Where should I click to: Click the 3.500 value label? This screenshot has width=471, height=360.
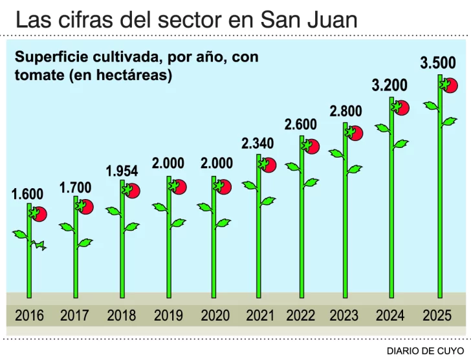pyautogui.click(x=438, y=63)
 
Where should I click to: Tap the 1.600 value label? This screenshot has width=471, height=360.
pyautogui.click(x=27, y=194)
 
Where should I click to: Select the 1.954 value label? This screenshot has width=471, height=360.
pyautogui.click(x=122, y=171)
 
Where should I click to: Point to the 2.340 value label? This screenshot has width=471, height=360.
pyautogui.click(x=257, y=143)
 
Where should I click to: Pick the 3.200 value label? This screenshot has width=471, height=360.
pyautogui.click(x=389, y=85)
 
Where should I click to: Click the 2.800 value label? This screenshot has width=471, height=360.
pyautogui.click(x=345, y=111)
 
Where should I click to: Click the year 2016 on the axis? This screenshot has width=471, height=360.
pyautogui.click(x=29, y=316)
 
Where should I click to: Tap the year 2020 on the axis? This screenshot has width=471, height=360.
pyautogui.click(x=215, y=316)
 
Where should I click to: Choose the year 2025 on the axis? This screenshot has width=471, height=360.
pyautogui.click(x=437, y=316)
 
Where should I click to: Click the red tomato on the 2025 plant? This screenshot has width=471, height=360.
pyautogui.click(x=451, y=86)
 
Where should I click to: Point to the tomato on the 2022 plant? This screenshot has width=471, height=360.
pyautogui.click(x=311, y=146)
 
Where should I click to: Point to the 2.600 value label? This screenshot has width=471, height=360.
pyautogui.click(x=301, y=124)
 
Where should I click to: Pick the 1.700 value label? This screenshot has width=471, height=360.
pyautogui.click(x=76, y=188)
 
